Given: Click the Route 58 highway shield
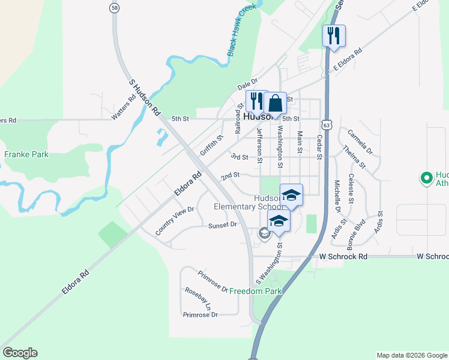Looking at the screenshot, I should pos(114,8).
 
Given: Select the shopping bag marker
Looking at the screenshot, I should pos(275,103).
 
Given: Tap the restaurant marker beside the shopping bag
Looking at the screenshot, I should pos(256,102).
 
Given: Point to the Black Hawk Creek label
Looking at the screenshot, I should pos(242,30).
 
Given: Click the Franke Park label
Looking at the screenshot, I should pos(26,154).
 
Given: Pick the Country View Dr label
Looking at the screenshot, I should pos(175,220).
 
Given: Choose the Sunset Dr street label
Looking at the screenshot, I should pos(223,225).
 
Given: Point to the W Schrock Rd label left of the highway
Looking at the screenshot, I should pos(343,256).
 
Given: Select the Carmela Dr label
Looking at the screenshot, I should pos(360,142).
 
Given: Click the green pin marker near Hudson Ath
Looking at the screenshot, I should pos(426,178).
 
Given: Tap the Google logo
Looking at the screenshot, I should pos(20,353).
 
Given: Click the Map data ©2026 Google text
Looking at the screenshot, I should pos(411,355).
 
